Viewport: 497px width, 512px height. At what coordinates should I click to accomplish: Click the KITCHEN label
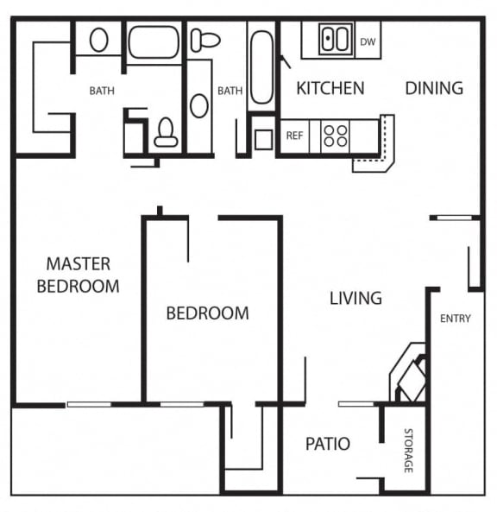pos(330,88)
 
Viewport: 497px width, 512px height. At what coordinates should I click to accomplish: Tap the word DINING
pos(434,88)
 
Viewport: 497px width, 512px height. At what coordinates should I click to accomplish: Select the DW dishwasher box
pos(368,41)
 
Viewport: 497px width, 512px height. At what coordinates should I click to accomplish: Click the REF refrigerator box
pos(294,136)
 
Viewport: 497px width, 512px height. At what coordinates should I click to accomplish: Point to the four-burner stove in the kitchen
pos(335,136)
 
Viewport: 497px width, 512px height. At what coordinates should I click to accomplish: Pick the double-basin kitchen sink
pos(335,40)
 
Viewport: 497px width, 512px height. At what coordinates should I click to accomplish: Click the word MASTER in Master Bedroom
pos(79,264)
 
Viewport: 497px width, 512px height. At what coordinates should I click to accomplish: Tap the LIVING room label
pos(355,299)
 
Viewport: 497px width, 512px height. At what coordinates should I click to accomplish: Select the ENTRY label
pos(456,319)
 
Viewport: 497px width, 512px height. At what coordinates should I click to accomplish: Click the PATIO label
pos(328,445)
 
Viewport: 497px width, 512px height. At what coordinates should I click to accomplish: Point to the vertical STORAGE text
pos(408,450)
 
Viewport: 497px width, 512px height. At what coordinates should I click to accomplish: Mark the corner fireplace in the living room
pos(411,373)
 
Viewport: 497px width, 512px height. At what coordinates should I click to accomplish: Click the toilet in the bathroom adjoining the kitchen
pos(205,39)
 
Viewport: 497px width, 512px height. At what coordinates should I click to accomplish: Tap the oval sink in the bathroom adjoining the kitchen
pos(199,105)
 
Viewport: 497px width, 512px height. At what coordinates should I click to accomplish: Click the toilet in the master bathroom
pos(166,132)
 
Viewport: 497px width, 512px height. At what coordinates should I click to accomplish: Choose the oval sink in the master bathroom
pos(99,40)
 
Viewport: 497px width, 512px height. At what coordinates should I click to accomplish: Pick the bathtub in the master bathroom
pos(154,41)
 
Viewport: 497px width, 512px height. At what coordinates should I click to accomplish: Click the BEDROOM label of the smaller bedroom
pos(207,313)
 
